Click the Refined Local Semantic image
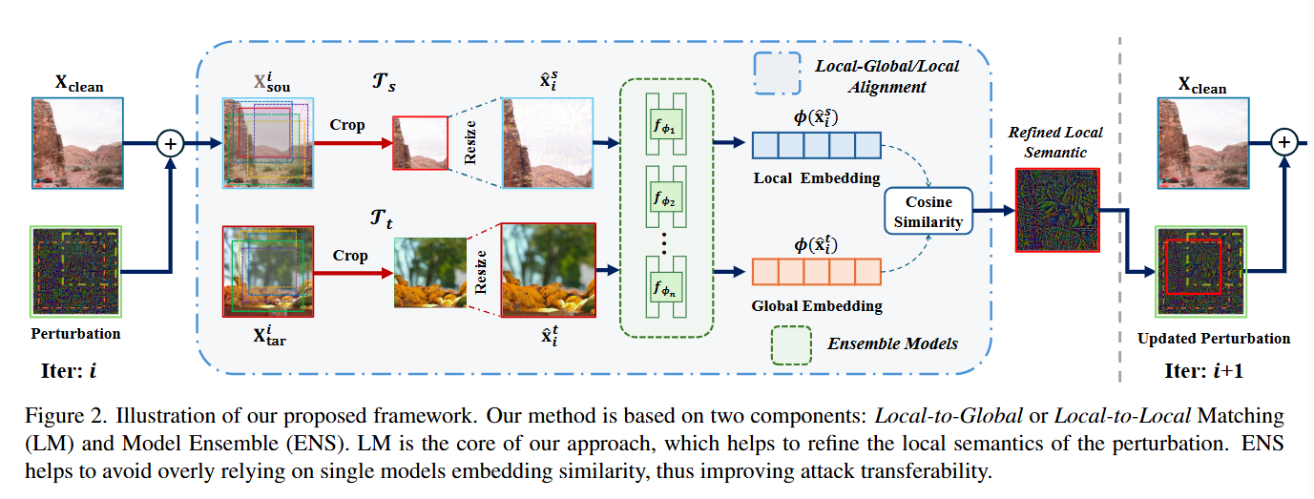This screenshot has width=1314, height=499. click(x=1056, y=210)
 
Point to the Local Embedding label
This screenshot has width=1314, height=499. click(x=816, y=177)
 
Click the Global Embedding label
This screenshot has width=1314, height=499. click(x=817, y=306)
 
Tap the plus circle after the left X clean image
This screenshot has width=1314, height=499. click(x=171, y=144)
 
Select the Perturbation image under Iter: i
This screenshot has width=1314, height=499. click(x=76, y=271)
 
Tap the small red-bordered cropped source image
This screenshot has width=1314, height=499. click(x=420, y=143)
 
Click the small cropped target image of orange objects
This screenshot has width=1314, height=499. click(x=430, y=273)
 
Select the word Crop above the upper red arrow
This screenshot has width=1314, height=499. click(x=347, y=125)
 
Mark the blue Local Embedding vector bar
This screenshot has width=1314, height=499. click(x=816, y=144)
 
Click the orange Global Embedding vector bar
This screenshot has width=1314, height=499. click(x=816, y=272)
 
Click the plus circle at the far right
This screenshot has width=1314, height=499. click(x=1284, y=143)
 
